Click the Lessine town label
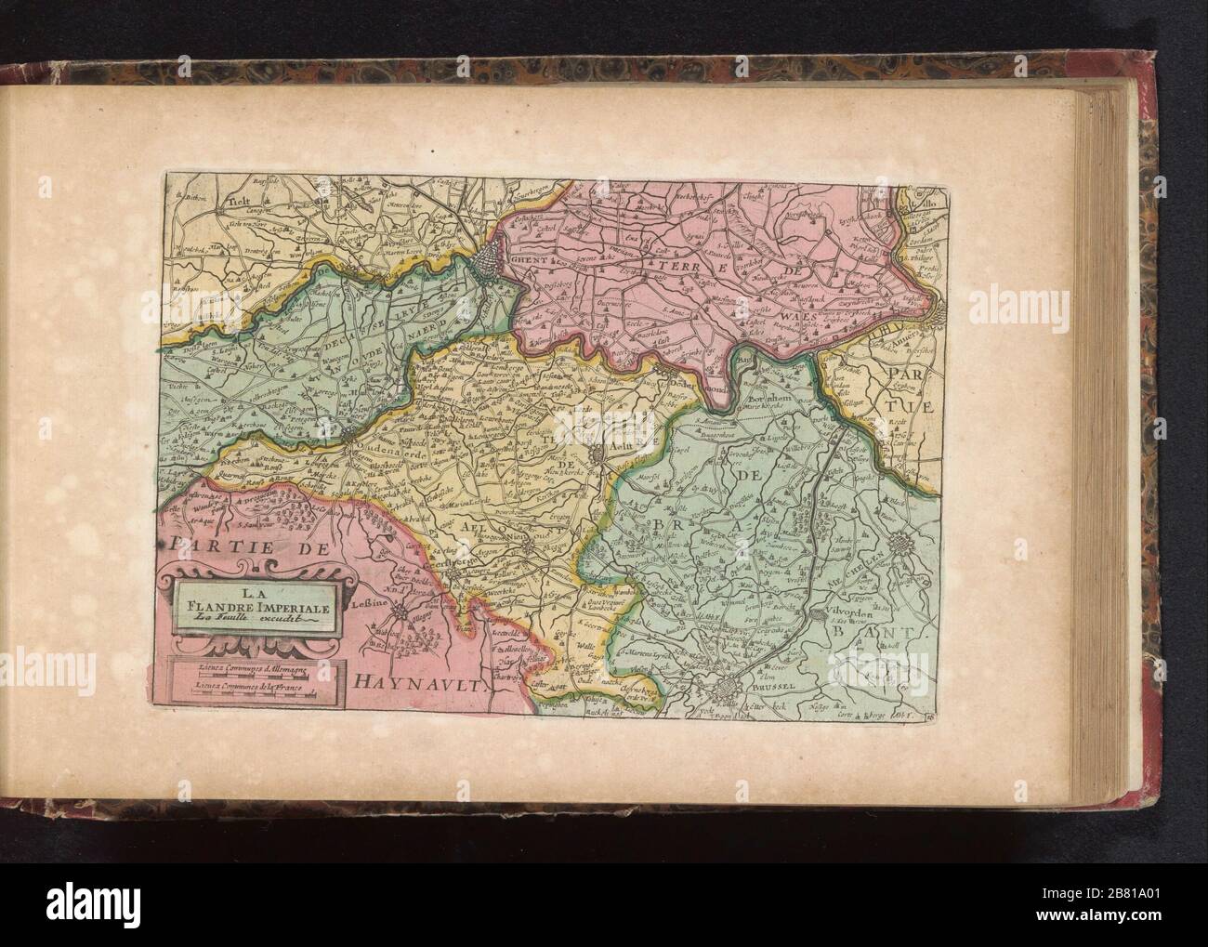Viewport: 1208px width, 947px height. [368, 602]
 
